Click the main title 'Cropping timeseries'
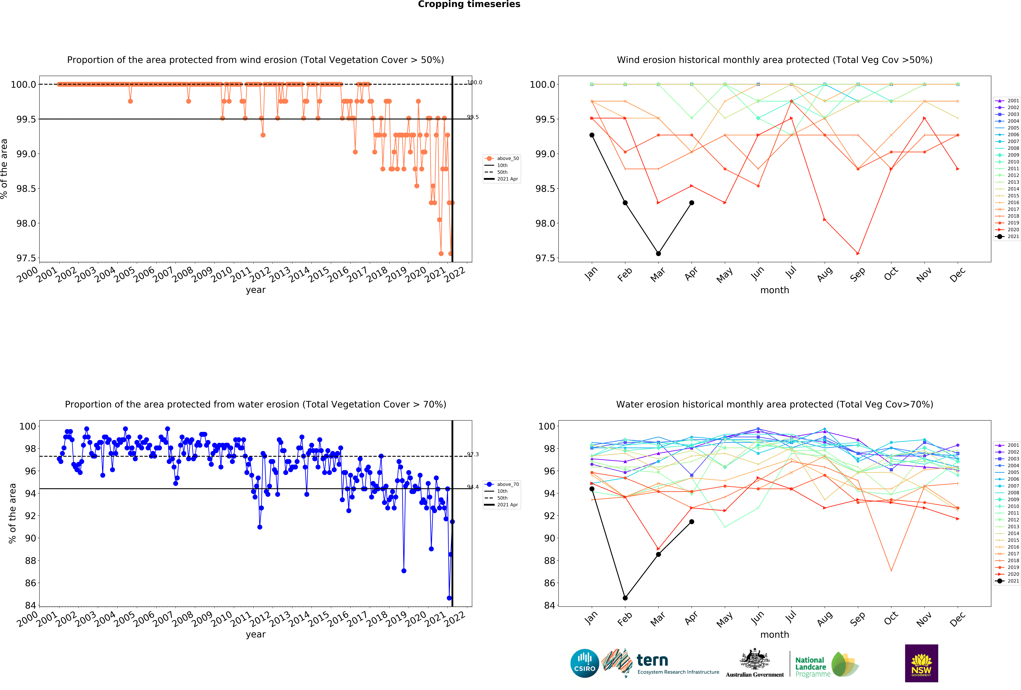469,4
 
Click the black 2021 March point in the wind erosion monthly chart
658,253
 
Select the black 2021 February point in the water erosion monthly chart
625,598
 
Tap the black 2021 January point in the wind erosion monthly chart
592,135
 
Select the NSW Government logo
921,663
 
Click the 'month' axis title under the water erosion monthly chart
775,635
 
